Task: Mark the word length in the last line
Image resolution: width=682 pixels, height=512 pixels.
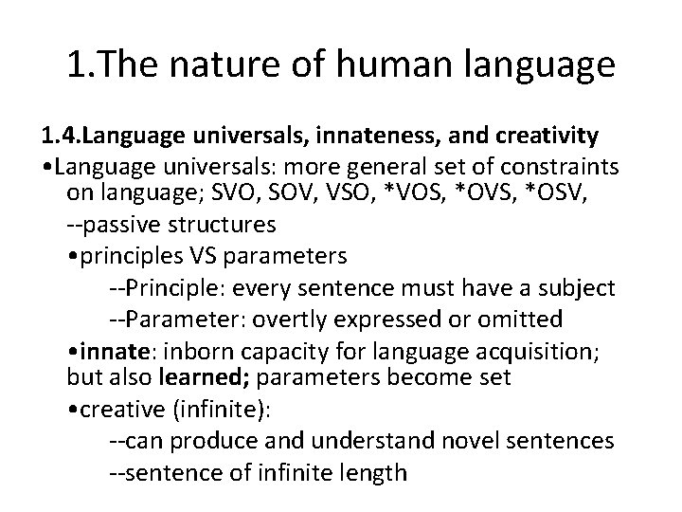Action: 364,471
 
